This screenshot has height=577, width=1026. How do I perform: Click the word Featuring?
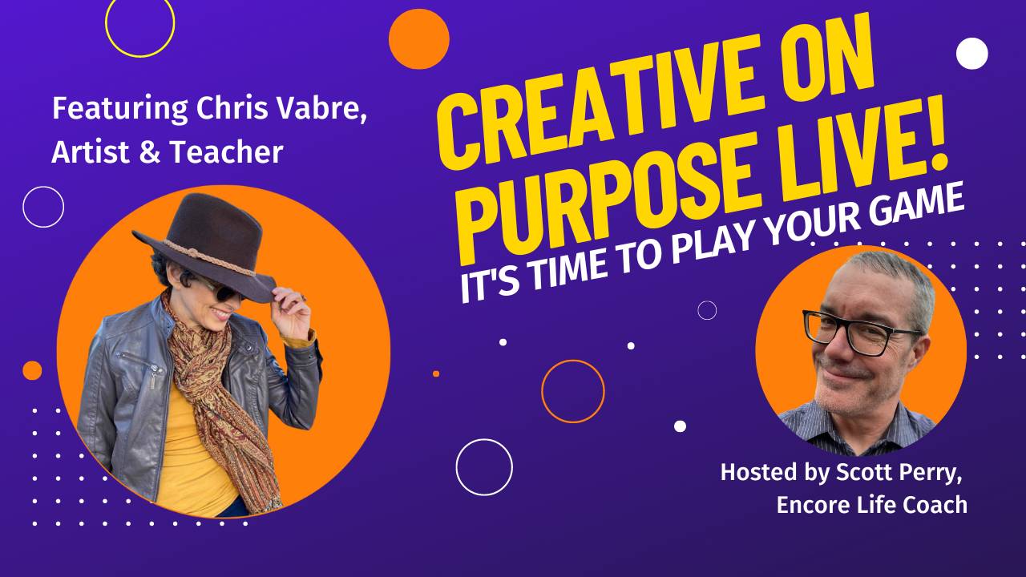click(120, 110)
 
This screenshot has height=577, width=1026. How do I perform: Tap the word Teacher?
click(226, 152)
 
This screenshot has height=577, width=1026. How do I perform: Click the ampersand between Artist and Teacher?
click(149, 152)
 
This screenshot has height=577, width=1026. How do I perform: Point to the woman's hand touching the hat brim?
click(291, 313)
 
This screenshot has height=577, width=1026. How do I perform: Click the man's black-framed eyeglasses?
click(861, 332)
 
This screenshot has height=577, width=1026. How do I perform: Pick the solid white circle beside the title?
click(972, 54)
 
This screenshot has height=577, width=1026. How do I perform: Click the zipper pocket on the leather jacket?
click(137, 361)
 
